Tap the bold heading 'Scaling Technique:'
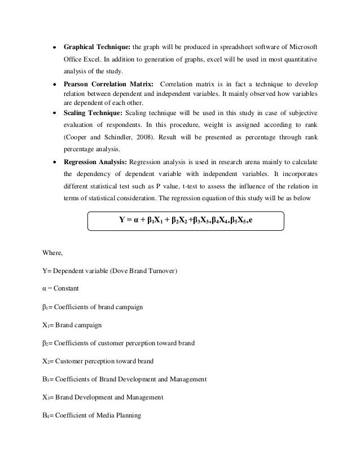tap(93, 113)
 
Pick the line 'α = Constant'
tap(57, 289)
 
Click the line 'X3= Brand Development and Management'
tap(99, 397)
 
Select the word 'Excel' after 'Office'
tap(95, 59)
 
